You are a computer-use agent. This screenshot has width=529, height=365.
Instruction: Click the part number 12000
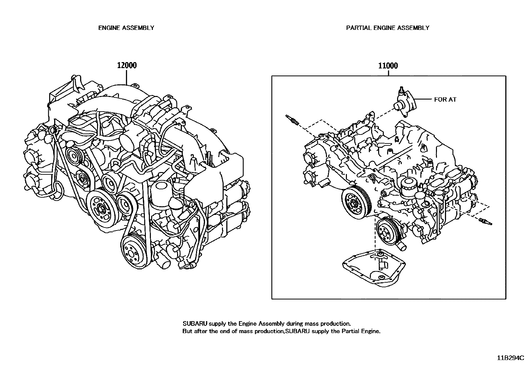click(127, 65)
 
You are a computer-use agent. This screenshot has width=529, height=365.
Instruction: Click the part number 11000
click(388, 65)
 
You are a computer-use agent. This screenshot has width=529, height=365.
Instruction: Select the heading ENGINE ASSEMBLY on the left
click(126, 28)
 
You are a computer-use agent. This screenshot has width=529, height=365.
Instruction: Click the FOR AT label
click(445, 99)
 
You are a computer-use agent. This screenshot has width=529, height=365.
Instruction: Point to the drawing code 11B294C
click(510, 358)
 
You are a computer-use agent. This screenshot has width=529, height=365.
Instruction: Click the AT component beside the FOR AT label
click(404, 103)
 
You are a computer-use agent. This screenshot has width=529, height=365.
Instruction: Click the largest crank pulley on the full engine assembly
click(100, 208)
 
